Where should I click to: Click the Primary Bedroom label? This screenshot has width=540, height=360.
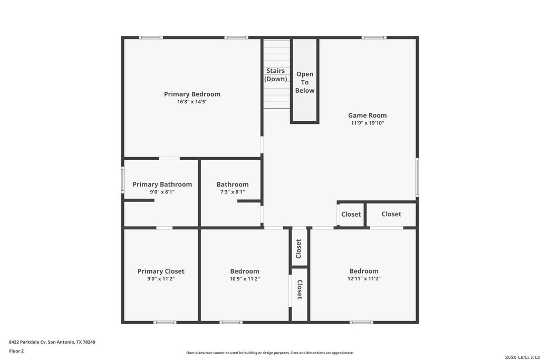pyautogui.click(x=192, y=94)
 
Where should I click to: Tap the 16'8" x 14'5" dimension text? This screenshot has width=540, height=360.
pyautogui.click(x=192, y=102)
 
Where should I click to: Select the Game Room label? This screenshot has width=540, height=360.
pyautogui.click(x=368, y=115)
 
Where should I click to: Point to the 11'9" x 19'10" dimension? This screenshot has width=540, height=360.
pyautogui.click(x=368, y=123)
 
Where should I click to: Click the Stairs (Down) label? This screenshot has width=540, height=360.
pyautogui.click(x=275, y=75)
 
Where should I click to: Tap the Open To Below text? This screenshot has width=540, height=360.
pyautogui.click(x=305, y=82)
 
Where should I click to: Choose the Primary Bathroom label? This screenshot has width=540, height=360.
pyautogui.click(x=162, y=184)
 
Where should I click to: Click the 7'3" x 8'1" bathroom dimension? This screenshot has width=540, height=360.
pyautogui.click(x=233, y=192)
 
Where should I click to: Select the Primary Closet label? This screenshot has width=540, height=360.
pyautogui.click(x=161, y=271)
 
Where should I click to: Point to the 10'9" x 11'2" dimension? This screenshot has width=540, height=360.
pyautogui.click(x=245, y=279)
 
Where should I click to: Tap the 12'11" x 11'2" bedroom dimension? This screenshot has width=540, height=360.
pyautogui.click(x=364, y=279)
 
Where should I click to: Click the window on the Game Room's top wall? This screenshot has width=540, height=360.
pyautogui.click(x=374, y=37)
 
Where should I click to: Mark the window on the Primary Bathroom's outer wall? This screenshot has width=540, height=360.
pyautogui.click(x=122, y=180)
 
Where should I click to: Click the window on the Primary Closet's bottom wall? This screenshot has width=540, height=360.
pyautogui.click(x=165, y=322)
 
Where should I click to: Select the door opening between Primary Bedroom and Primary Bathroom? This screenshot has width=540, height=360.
pyautogui.click(x=169, y=158)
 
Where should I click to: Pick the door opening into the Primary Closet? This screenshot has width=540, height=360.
pyautogui.click(x=165, y=228)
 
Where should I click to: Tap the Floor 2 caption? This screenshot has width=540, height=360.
pyautogui.click(x=16, y=351)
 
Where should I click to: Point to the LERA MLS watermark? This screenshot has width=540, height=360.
pyautogui.click(x=522, y=357)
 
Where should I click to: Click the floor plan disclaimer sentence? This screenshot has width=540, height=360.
pyautogui.click(x=270, y=353)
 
